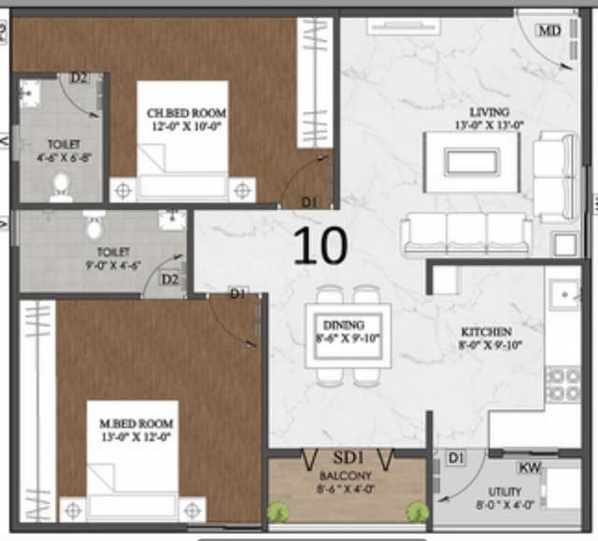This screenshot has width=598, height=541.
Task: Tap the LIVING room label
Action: [x=489, y=112]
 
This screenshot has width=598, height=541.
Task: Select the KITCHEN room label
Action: [x=486, y=332]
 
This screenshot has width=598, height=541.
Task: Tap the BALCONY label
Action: [x=346, y=475]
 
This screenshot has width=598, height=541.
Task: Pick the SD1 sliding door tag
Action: [x=349, y=458]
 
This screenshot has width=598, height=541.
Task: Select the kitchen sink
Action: [x=564, y=295]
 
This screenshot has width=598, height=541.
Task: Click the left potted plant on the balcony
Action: [x=278, y=511]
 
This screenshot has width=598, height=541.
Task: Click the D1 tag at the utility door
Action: [x=455, y=458]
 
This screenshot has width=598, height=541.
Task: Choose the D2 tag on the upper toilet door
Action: [x=79, y=78]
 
